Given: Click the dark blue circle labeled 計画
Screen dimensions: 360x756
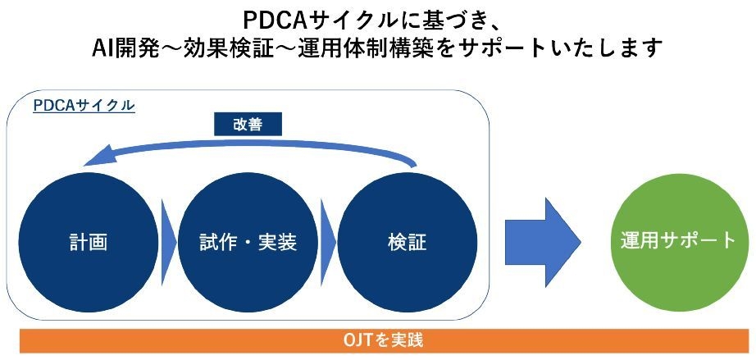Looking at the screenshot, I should point(89,243).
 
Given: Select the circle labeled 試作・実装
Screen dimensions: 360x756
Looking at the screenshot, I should point(248,243).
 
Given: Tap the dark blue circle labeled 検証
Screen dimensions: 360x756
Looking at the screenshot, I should point(407,243).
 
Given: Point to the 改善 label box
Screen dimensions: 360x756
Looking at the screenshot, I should point(248,124).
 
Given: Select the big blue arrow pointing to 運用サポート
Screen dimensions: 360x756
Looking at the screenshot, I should point(542,243).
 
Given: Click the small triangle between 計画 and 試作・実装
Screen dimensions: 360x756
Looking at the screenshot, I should point(168,243).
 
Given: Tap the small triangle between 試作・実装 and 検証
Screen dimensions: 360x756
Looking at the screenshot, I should point(328,243).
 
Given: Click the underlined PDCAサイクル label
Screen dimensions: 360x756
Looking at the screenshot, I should point(84,106).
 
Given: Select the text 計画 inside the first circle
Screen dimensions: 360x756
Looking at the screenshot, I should point(89,243).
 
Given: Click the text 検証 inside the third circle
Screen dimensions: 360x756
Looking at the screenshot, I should point(407,243).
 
